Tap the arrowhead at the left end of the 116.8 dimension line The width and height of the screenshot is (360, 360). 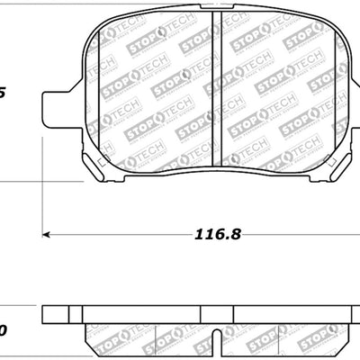48,237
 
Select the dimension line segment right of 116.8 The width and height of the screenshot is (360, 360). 297,237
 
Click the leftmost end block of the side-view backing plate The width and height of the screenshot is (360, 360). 56,314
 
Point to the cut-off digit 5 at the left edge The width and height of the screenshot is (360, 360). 3,92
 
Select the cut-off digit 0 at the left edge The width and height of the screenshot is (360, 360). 3,332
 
